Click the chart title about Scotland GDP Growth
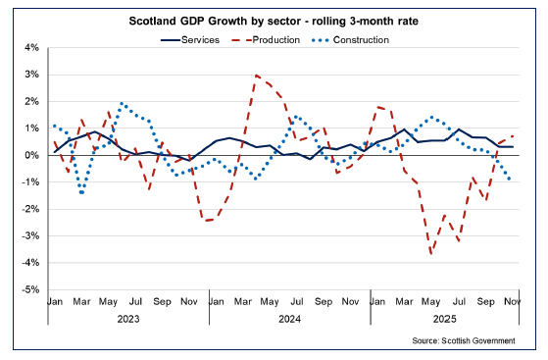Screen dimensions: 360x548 pos(274,21)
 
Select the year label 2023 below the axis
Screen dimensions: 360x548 pos(128,319)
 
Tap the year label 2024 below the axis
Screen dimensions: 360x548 pos(289,319)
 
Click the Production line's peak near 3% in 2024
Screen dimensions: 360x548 pos(256,75)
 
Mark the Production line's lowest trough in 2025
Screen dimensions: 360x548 pos(430,253)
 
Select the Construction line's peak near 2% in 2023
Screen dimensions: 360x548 pos(122,103)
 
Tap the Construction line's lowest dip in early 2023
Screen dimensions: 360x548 pos(81,193)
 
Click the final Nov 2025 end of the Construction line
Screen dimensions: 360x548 pos(513,180)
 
